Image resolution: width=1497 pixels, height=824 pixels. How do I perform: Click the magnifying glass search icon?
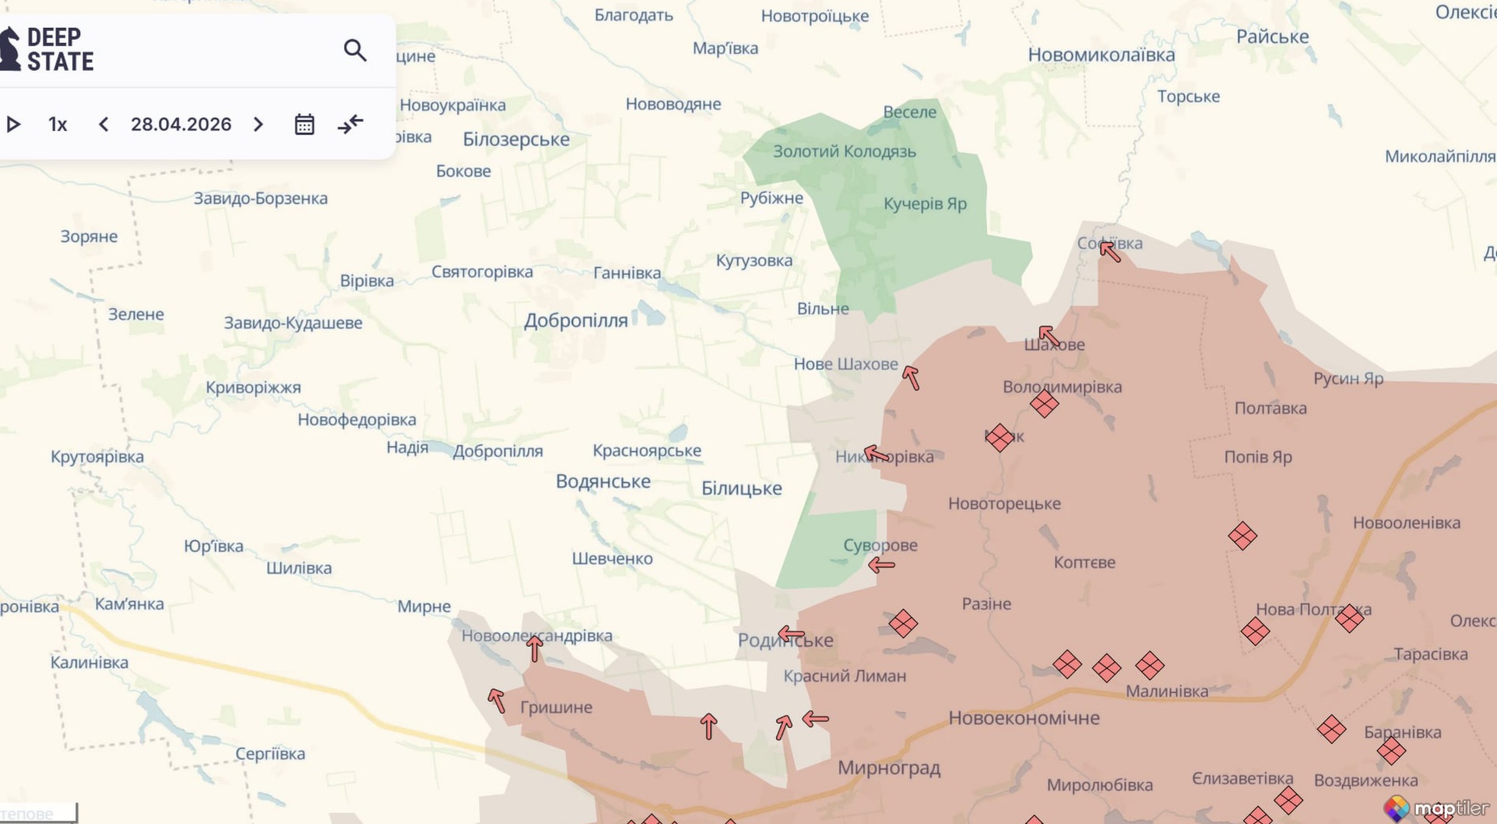354,50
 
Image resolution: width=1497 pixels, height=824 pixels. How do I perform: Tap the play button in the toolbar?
14,125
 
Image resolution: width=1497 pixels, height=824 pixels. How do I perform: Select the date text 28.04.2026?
181,125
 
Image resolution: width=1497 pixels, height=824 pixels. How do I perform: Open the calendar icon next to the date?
304,125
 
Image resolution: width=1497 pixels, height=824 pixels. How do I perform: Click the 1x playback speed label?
57,125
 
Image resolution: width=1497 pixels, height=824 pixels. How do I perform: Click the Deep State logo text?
59,49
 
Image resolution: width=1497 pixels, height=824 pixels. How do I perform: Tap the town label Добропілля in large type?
575,320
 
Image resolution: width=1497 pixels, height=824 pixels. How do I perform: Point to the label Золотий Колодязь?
844,151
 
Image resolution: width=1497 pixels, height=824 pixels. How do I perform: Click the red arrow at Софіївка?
1110,251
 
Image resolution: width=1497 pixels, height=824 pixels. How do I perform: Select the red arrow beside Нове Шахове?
911,377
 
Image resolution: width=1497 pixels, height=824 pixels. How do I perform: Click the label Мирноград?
888,768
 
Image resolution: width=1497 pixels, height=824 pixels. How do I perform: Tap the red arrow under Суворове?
881,565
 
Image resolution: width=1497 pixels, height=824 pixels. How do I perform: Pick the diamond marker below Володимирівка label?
1044,404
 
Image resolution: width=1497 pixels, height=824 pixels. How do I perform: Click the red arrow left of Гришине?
497,700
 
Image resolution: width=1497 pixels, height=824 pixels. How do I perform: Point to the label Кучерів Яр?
925,203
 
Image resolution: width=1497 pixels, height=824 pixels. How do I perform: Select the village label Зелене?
136,314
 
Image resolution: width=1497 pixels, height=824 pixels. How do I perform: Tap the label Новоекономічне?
1023,718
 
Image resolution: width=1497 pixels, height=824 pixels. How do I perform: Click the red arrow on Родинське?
791,634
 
